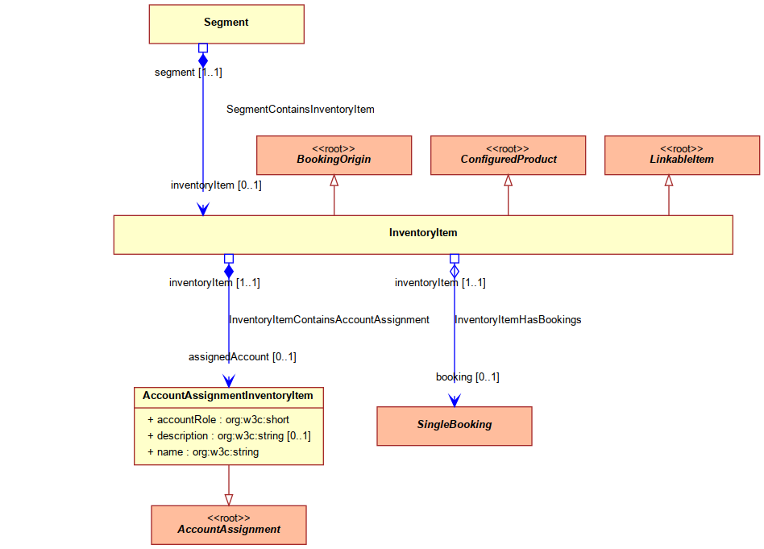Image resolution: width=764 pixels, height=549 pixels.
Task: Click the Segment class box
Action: [x=226, y=24]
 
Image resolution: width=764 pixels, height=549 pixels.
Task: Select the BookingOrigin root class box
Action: [x=334, y=155]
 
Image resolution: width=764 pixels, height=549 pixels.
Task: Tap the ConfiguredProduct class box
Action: [x=508, y=155]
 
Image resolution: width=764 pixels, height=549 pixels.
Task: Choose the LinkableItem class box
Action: [x=682, y=155]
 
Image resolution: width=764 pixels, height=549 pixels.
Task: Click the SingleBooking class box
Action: [x=454, y=426]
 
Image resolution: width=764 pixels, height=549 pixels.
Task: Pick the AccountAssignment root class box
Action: [x=229, y=525]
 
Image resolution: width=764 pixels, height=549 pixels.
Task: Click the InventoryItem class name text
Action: [x=423, y=232]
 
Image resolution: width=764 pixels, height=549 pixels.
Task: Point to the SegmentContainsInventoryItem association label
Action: [x=300, y=109]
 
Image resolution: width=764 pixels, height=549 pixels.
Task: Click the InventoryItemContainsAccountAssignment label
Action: [x=329, y=320]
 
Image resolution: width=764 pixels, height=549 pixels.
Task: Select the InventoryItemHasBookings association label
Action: [x=518, y=320]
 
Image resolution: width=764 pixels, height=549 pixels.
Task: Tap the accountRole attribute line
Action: [x=218, y=420]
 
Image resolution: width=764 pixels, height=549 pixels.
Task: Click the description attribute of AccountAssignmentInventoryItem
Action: [x=229, y=436]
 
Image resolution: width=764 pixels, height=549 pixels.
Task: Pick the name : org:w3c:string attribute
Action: [x=203, y=452]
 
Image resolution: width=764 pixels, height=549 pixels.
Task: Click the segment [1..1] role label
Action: [x=188, y=73]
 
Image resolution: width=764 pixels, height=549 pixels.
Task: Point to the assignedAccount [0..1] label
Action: [x=242, y=357]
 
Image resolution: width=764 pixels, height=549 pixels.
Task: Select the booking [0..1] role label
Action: [x=467, y=377]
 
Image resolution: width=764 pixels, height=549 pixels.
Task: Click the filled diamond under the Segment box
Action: [x=203, y=60]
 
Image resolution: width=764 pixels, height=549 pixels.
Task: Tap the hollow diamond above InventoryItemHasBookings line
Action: [x=454, y=271]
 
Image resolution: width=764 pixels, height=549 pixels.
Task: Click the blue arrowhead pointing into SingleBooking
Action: [x=454, y=401]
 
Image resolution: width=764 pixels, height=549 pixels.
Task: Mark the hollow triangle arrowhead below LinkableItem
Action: [x=669, y=181]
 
